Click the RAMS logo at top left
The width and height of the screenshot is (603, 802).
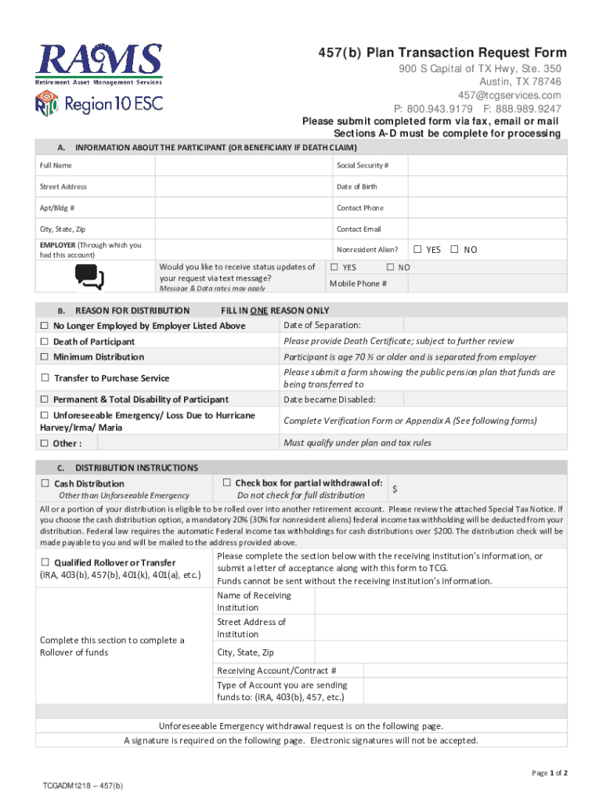coord(99,63)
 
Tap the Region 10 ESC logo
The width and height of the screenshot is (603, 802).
coord(99,103)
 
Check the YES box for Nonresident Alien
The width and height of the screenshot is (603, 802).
coord(417,250)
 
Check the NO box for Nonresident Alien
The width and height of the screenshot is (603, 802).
coord(455,250)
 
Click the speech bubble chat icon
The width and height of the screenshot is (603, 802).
coord(88,276)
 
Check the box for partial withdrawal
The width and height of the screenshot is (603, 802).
coord(227,482)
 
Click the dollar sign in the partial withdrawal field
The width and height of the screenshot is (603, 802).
coord(395,489)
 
